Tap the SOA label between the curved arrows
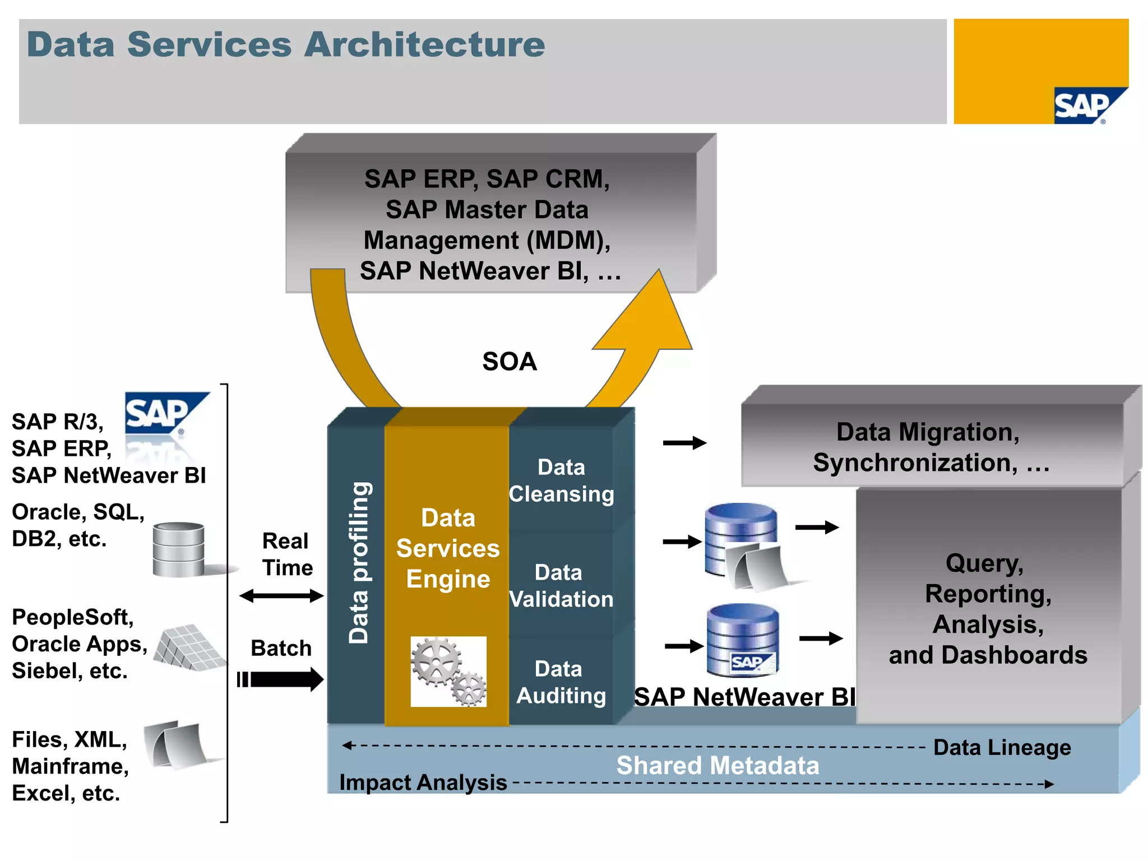(509, 362)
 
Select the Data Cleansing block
(561, 480)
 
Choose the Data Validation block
(561, 586)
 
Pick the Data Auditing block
(561, 682)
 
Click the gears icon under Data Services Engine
(448, 671)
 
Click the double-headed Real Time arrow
(281, 596)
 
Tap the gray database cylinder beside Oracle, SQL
(178, 549)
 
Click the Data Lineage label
(1002, 747)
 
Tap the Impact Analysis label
(423, 783)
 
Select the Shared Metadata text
(717, 766)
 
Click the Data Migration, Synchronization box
(931, 447)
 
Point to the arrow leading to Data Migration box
(684, 443)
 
